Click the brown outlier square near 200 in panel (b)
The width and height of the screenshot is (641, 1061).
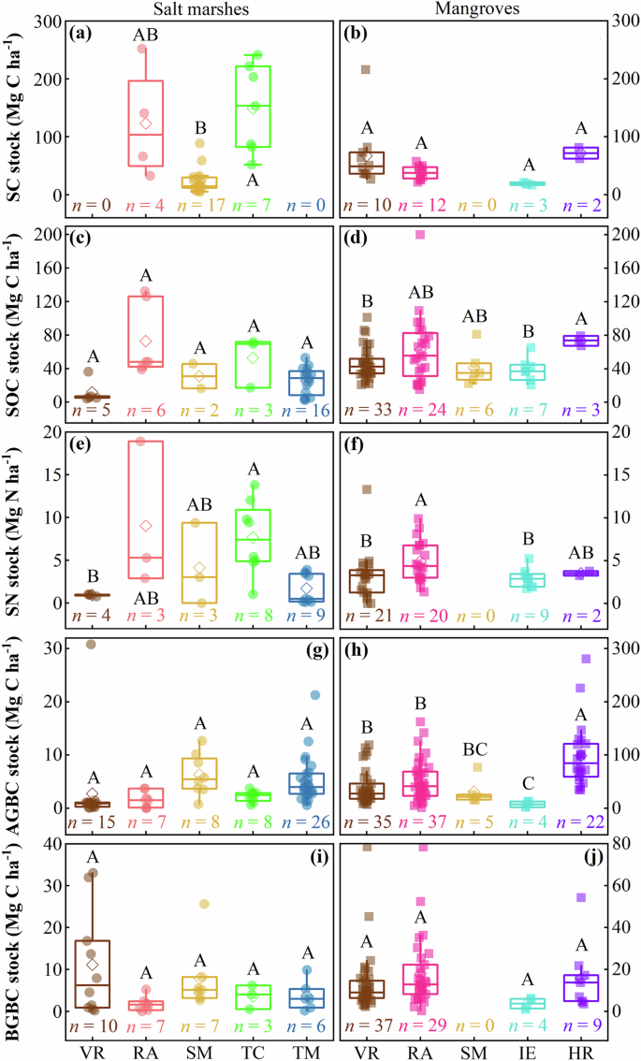coord(366,69)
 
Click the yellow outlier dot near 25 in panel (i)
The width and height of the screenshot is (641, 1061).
coord(204,904)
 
